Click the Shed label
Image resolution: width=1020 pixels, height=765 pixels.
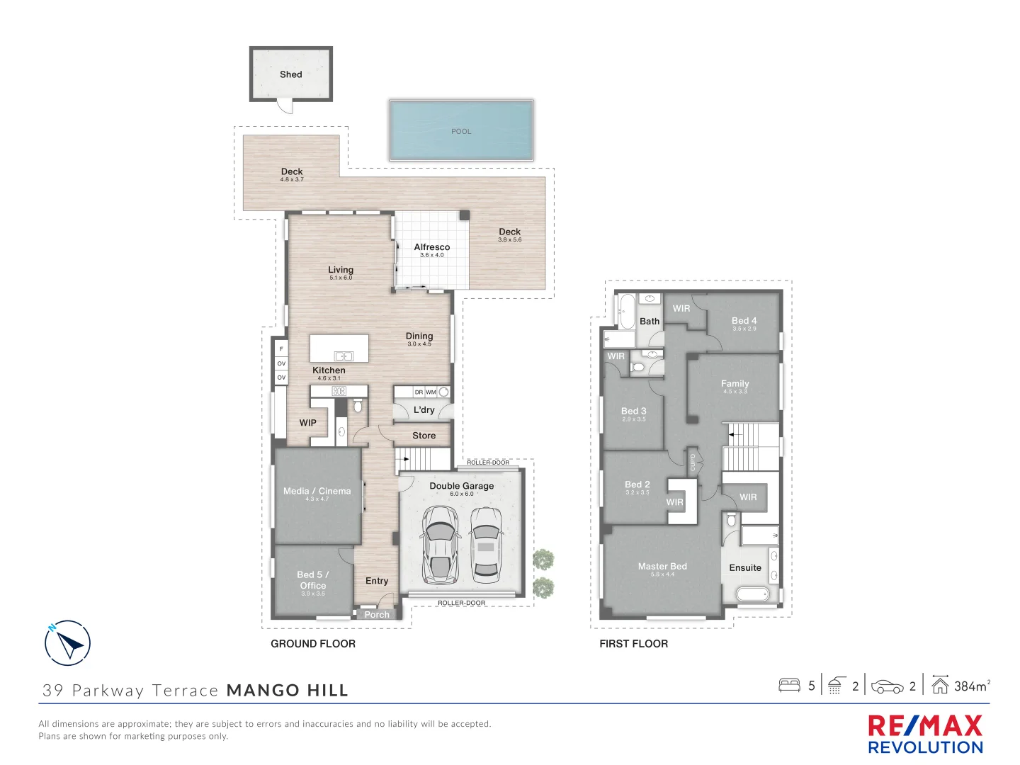point(290,74)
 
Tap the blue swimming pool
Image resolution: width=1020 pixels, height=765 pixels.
point(461,130)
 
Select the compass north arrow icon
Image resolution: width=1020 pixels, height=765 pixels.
point(68,643)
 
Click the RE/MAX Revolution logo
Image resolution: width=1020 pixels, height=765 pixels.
point(925,735)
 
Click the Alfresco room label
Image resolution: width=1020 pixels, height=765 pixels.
point(431,247)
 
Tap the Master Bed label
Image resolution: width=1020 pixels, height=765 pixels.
point(662,566)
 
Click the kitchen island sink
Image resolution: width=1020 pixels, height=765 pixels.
point(344,356)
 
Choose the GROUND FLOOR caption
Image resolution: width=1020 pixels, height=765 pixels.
point(313,644)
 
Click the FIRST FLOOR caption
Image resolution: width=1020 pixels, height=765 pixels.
point(633,644)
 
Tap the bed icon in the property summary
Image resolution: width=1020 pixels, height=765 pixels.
point(789,686)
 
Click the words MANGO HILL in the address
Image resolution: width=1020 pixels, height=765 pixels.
point(288,691)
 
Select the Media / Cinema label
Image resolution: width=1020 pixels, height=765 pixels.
point(317,491)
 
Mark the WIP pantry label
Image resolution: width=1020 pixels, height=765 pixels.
point(307,423)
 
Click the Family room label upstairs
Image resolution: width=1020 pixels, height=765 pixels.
point(735,383)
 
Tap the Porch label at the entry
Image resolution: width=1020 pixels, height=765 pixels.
point(377,615)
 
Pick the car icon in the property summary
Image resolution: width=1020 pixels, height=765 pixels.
point(887,686)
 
